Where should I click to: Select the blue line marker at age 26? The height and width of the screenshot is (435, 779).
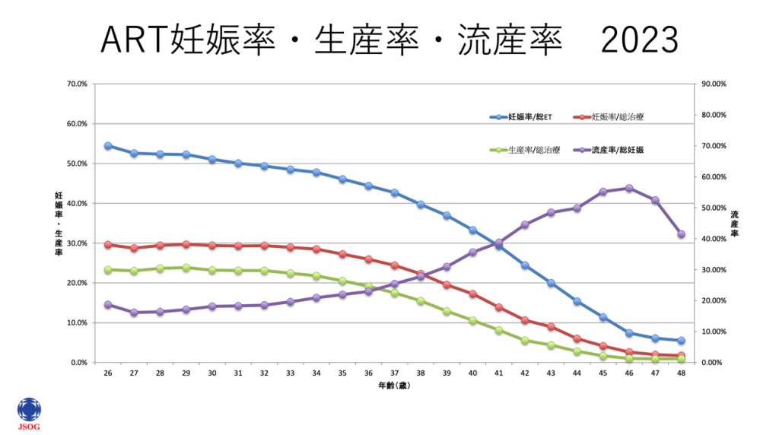pos(108,145)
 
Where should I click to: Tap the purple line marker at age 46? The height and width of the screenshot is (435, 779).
pos(628,188)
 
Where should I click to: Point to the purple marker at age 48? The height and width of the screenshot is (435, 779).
pos(681,234)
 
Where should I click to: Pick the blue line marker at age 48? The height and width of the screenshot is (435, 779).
pos(681,341)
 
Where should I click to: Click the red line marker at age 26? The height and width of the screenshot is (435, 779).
pos(108,245)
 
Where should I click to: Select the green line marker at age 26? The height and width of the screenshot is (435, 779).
pos(108,269)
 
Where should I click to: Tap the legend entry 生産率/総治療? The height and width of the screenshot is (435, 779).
pos(525,150)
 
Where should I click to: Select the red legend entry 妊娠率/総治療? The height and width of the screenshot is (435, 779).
pos(613,117)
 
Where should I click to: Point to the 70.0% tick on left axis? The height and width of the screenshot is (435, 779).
pos(78,84)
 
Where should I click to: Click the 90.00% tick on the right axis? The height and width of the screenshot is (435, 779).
pos(714,84)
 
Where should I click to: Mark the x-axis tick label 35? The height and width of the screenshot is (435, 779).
pos(342,373)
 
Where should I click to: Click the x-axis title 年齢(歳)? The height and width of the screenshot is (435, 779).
pos(394,386)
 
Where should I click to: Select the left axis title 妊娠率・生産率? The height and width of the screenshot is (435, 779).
pos(59,224)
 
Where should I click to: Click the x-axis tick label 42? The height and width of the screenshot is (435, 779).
pos(524,373)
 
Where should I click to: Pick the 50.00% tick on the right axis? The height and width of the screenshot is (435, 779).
pos(714,208)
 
